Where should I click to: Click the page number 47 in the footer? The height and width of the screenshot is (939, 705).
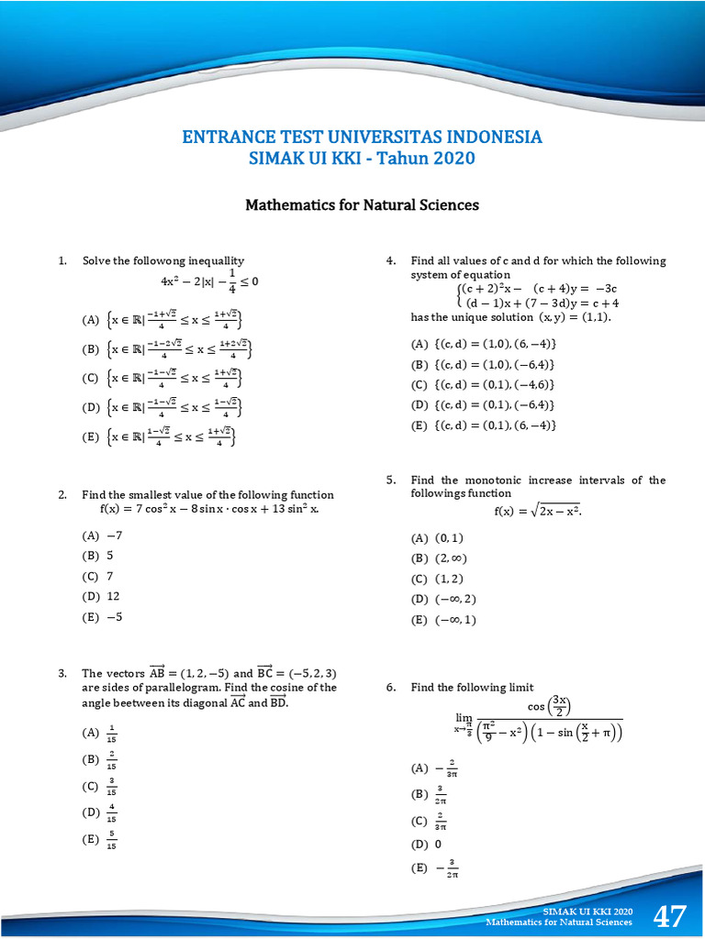coord(669,916)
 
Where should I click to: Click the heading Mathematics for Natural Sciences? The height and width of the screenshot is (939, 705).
coord(362,204)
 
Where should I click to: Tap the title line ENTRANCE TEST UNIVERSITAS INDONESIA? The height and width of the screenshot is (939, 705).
coord(362,138)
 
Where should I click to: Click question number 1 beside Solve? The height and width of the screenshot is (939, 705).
coord(62,260)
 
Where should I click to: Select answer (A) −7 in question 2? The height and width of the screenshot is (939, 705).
coord(102,535)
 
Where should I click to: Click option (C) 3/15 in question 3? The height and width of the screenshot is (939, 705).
coord(100,786)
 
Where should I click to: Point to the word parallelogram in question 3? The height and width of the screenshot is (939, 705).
coord(149,687)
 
